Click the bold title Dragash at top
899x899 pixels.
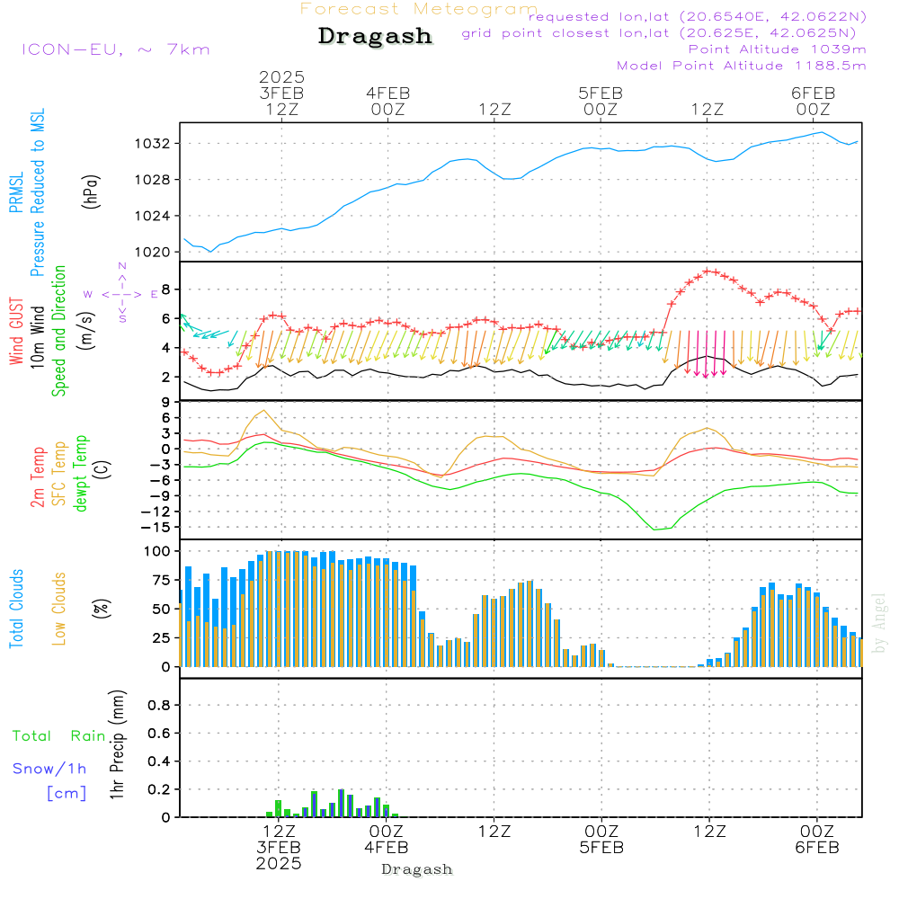pyautogui.click(x=375, y=36)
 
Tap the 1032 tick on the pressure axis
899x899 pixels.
pyautogui.click(x=152, y=144)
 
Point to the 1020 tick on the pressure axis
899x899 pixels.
pyautogui.click(x=152, y=252)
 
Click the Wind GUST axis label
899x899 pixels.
pyautogui.click(x=16, y=334)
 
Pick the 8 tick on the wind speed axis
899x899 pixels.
pyautogui.click(x=165, y=289)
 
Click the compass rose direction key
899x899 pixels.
pyautogui.click(x=122, y=294)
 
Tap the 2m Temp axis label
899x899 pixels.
pyautogui.click(x=38, y=476)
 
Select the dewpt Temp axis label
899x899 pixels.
pyautogui.click(x=81, y=474)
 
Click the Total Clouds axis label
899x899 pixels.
pyautogui.click(x=15, y=609)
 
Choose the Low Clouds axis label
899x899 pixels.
pyautogui.click(x=59, y=609)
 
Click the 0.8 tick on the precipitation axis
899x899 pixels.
pyautogui.click(x=159, y=706)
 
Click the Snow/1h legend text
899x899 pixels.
pyautogui.click(x=50, y=769)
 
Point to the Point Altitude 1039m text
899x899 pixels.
pyautogui.click(x=777, y=49)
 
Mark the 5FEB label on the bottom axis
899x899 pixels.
pyautogui.click(x=601, y=847)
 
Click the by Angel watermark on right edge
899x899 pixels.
pyautogui.click(x=880, y=622)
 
